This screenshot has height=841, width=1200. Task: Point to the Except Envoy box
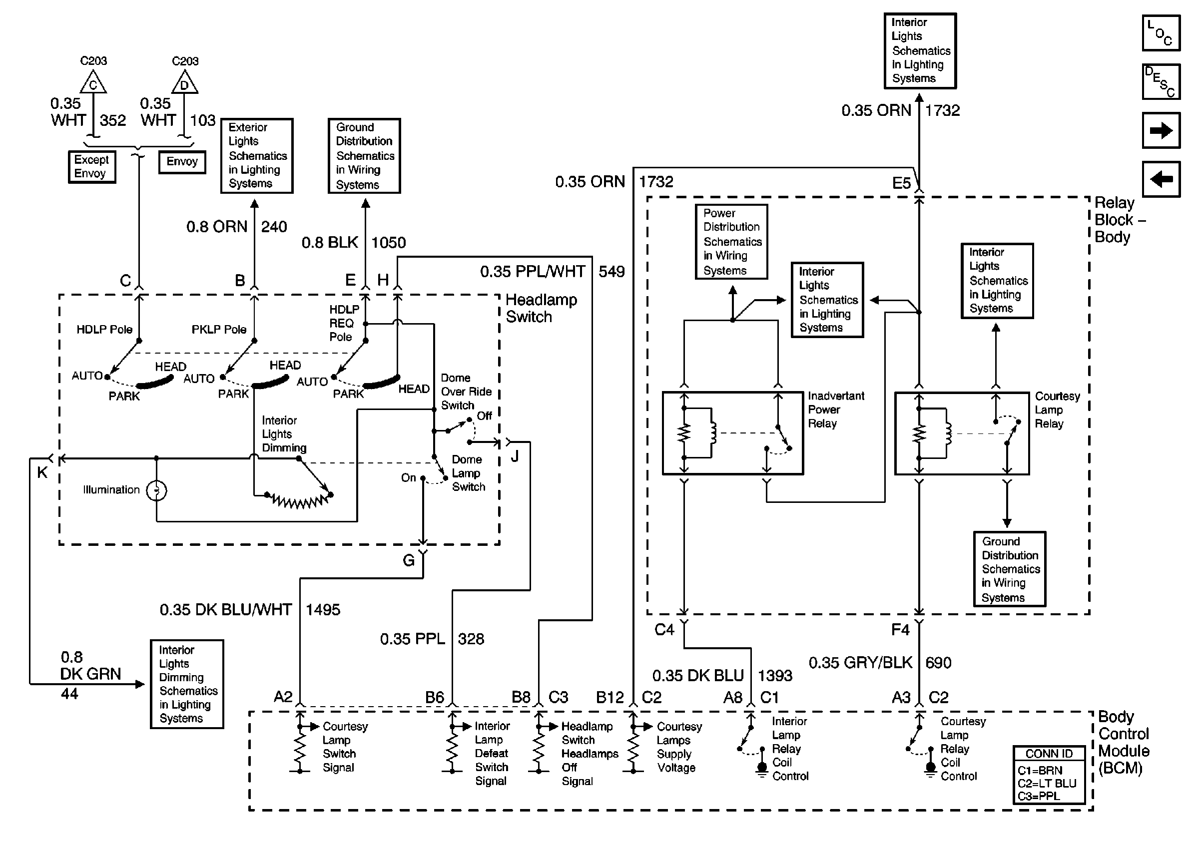[91, 167]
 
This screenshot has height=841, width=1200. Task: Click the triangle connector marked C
[93, 83]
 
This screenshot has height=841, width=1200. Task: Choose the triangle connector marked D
[184, 83]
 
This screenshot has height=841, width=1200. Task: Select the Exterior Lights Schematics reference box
[257, 156]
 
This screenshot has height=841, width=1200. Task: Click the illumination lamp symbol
[156, 490]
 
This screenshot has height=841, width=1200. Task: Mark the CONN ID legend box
[1049, 775]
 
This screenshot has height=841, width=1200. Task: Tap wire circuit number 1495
[322, 610]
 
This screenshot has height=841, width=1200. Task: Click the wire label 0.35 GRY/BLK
[860, 663]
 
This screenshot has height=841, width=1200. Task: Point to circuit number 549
[611, 272]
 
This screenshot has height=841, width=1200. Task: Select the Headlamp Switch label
[541, 308]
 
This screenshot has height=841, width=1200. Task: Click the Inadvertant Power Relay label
[836, 410]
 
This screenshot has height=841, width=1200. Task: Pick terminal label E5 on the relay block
[901, 183]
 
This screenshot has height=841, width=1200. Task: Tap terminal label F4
[900, 630]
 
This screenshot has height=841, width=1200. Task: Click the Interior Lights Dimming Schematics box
[186, 684]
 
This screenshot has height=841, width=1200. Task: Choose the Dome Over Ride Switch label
[466, 391]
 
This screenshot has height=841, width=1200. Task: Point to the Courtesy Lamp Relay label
[1057, 410]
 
